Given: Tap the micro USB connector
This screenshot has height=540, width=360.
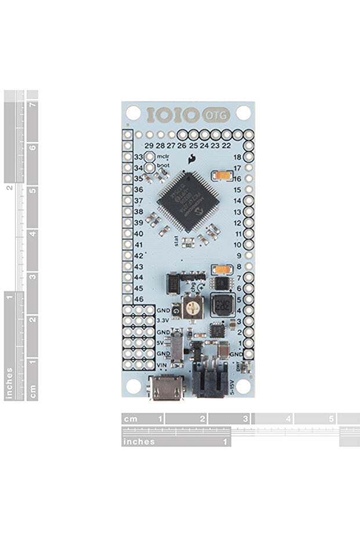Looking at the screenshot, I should click(166, 387).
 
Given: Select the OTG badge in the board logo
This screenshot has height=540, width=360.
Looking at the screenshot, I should click(216, 115).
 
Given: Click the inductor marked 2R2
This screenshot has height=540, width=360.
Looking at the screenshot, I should click(221, 305).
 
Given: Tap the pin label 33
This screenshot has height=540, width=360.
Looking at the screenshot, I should click(139, 157).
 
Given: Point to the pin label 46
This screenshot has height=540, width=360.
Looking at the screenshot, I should click(139, 299).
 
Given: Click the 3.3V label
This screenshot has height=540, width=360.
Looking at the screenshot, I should click(163, 320).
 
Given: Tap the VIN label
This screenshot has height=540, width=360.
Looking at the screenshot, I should click(163, 364).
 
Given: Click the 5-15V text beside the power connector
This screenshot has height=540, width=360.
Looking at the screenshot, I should click(233, 385).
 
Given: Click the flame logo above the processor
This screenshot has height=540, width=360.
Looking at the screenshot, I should click(191, 160).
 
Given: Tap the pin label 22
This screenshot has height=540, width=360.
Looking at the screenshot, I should click(226, 145).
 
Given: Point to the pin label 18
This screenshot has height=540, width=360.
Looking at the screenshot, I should click(237, 157).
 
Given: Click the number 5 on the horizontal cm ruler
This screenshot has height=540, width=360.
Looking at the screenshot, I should click(332, 418).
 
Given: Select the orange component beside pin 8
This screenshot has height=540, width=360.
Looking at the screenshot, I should click(221, 269).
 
